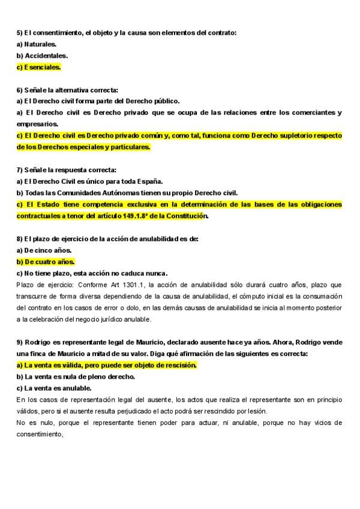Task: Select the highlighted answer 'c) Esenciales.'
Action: (39, 67)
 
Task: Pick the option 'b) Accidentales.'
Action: (42, 56)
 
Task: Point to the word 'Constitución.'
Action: (185, 215)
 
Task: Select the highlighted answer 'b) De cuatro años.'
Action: (46, 262)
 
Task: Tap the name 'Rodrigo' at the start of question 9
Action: (37, 342)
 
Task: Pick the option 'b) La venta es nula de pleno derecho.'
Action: (76, 376)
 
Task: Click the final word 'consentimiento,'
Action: (40, 434)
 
